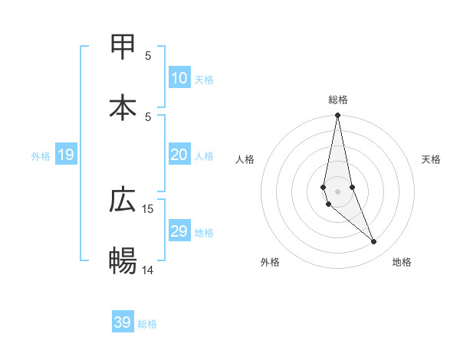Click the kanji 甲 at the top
pyautogui.click(x=123, y=47)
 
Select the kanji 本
pyautogui.click(x=123, y=107)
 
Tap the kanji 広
pyautogui.click(x=123, y=201)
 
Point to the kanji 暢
pyautogui.click(x=123, y=260)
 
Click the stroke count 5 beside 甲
pyautogui.click(x=148, y=55)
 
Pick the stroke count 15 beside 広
pyautogui.click(x=148, y=208)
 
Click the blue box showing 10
pyautogui.click(x=179, y=78)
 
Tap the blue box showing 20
pyautogui.click(x=179, y=155)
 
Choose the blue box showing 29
pyautogui.click(x=179, y=231)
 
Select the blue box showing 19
pyautogui.click(x=66, y=155)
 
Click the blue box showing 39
pyautogui.click(x=123, y=322)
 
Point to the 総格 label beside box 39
pyautogui.click(x=147, y=324)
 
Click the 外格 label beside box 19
pyautogui.click(x=41, y=156)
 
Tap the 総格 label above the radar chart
pyautogui.click(x=338, y=100)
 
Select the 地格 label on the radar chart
pyautogui.click(x=402, y=262)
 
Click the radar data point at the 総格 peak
pyautogui.click(x=337, y=116)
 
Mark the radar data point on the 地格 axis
pyautogui.click(x=374, y=242)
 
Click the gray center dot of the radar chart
pyautogui.click(x=337, y=191)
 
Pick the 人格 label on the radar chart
pyautogui.click(x=245, y=159)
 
